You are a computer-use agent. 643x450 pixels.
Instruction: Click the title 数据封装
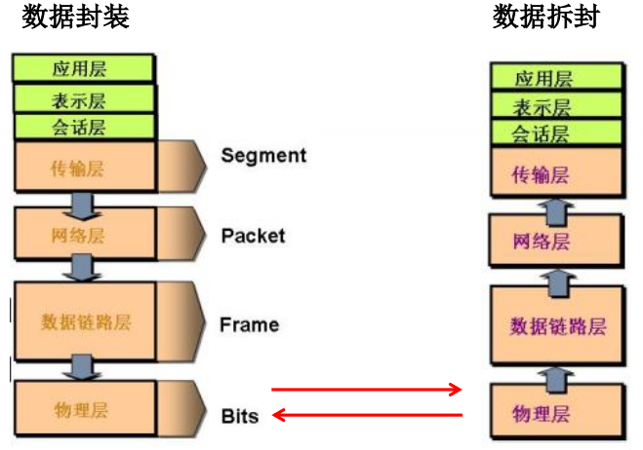pyautogui.click(x=75, y=18)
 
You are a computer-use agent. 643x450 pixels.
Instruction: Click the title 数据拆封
pyautogui.click(x=546, y=18)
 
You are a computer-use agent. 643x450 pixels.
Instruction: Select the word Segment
pyautogui.click(x=263, y=155)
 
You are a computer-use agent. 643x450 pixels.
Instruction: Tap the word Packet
pyautogui.click(x=253, y=235)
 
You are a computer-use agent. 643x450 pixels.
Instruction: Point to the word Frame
pyautogui.click(x=249, y=324)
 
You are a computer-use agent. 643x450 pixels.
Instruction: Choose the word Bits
pyautogui.click(x=240, y=416)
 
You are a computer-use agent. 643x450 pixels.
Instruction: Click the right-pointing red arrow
pyautogui.click(x=366, y=390)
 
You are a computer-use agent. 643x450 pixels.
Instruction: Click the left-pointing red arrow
pyautogui.click(x=366, y=416)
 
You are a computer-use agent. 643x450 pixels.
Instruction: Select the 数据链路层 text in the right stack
pyautogui.click(x=557, y=326)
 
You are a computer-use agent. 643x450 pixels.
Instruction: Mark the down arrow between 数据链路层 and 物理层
pyautogui.click(x=82, y=366)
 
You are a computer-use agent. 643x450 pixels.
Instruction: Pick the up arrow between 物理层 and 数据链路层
pyautogui.click(x=556, y=374)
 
